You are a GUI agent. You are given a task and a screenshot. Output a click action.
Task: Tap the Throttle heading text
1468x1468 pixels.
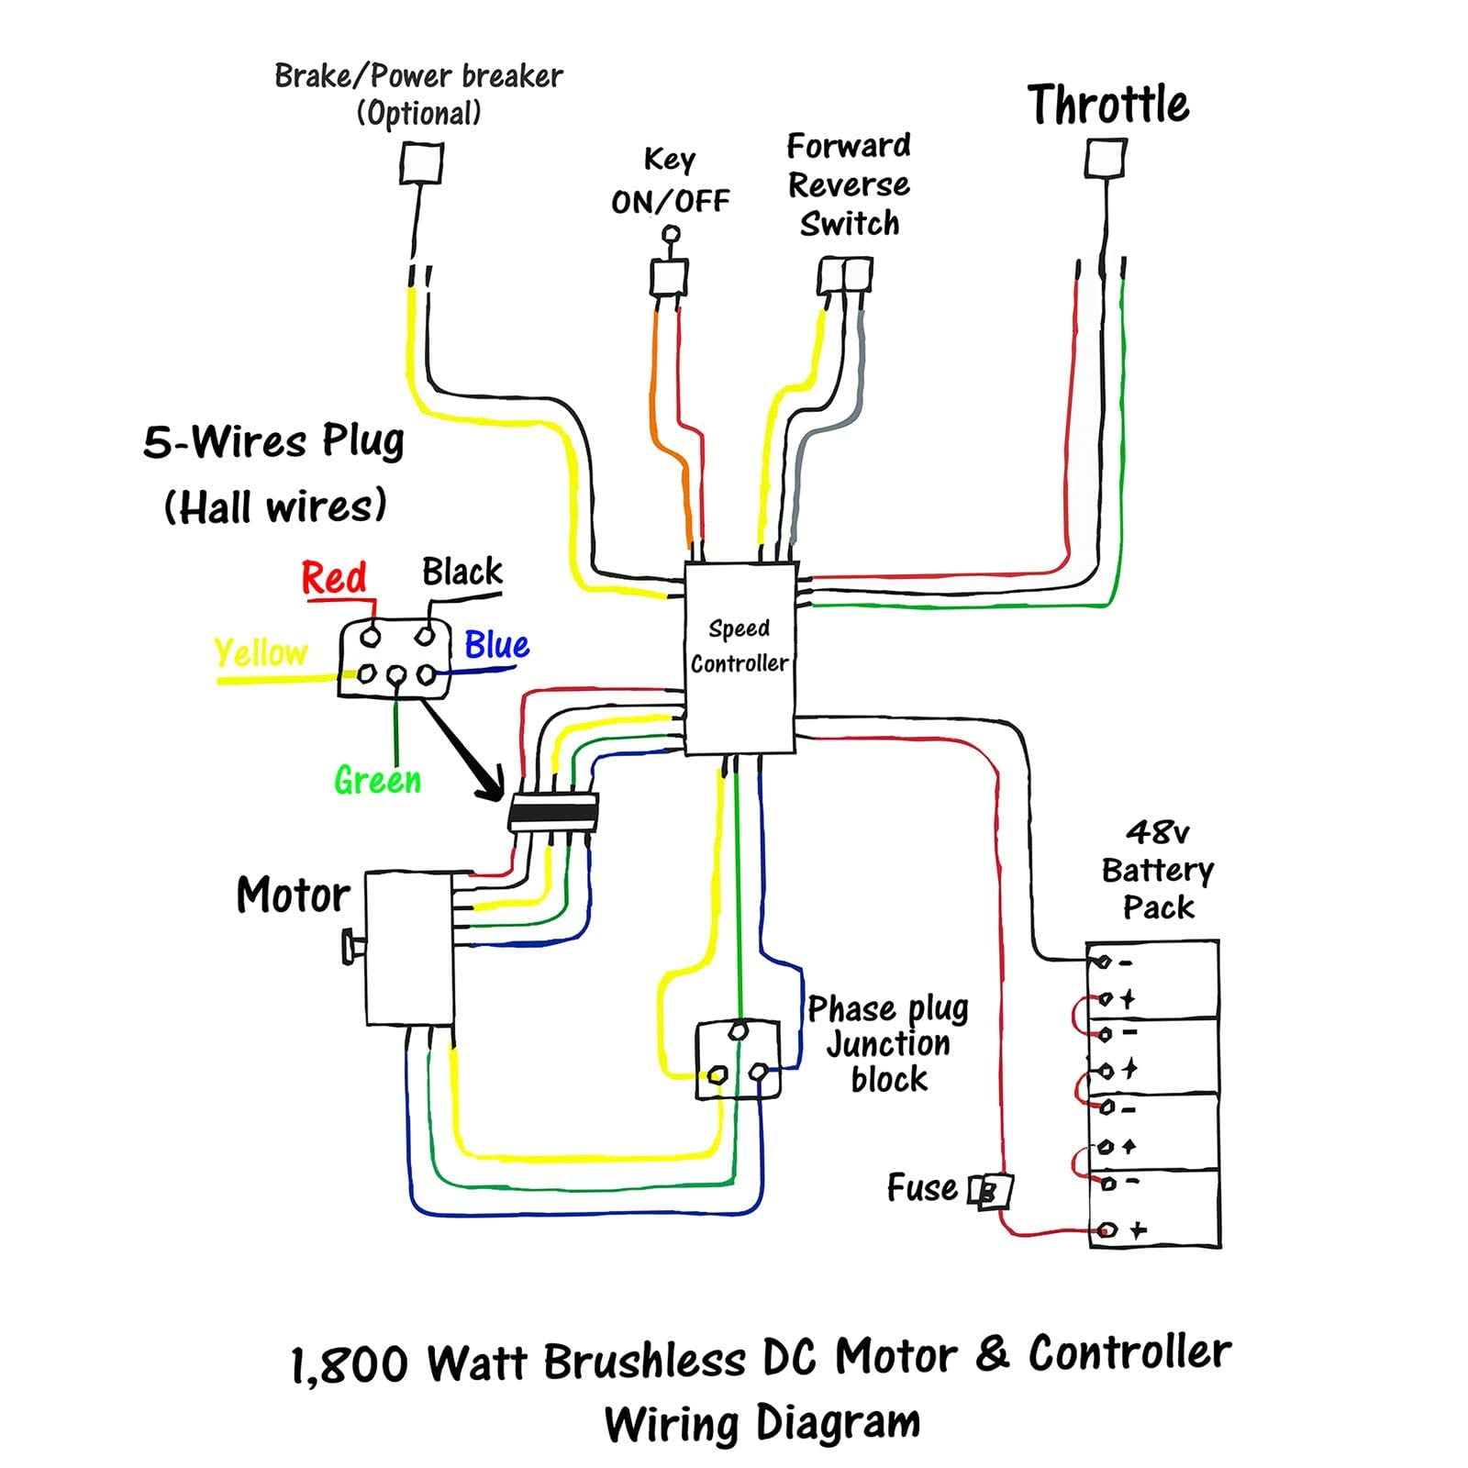click(x=1107, y=104)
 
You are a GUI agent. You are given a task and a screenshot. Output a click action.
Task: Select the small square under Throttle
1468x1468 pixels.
click(x=1105, y=159)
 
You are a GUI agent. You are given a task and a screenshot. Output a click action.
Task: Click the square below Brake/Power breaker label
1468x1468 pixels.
click(x=421, y=165)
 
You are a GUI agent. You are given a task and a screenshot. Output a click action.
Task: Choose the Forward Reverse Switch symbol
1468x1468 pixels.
click(x=845, y=275)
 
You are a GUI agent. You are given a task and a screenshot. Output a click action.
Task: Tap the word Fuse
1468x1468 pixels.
click(x=921, y=1187)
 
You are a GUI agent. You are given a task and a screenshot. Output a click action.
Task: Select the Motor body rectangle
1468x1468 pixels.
click(x=409, y=948)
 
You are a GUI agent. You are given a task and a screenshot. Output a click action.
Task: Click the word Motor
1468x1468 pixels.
click(x=293, y=894)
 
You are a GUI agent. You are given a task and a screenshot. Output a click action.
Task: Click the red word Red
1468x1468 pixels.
click(x=334, y=578)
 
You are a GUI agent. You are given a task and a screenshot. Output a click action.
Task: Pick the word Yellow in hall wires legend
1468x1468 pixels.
click(x=261, y=653)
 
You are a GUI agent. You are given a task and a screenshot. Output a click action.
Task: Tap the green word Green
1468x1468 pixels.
click(x=377, y=781)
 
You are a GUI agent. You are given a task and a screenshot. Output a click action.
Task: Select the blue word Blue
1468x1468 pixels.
click(x=496, y=645)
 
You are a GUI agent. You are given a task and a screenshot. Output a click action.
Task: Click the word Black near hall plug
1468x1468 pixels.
click(x=462, y=572)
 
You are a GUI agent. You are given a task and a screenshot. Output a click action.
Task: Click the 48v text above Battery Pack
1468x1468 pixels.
click(x=1157, y=832)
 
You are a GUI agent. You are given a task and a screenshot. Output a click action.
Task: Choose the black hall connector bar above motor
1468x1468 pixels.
click(x=553, y=813)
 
